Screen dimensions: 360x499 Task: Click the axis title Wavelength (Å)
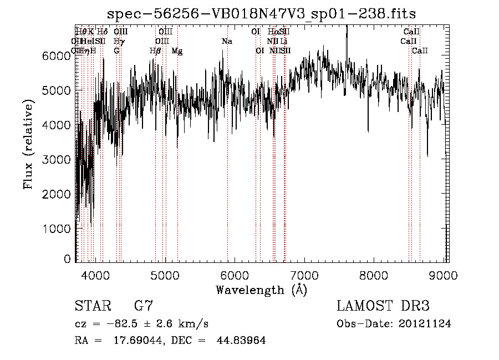click(x=261, y=290)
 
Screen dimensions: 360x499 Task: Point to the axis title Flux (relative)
click(x=28, y=144)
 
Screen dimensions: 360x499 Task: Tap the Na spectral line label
click(x=227, y=42)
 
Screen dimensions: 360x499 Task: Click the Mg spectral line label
click(x=177, y=51)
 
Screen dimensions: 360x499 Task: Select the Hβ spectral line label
click(x=155, y=51)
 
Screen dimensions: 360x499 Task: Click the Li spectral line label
click(x=283, y=42)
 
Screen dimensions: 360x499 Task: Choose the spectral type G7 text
click(x=142, y=307)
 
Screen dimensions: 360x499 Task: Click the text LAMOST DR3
click(x=383, y=307)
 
